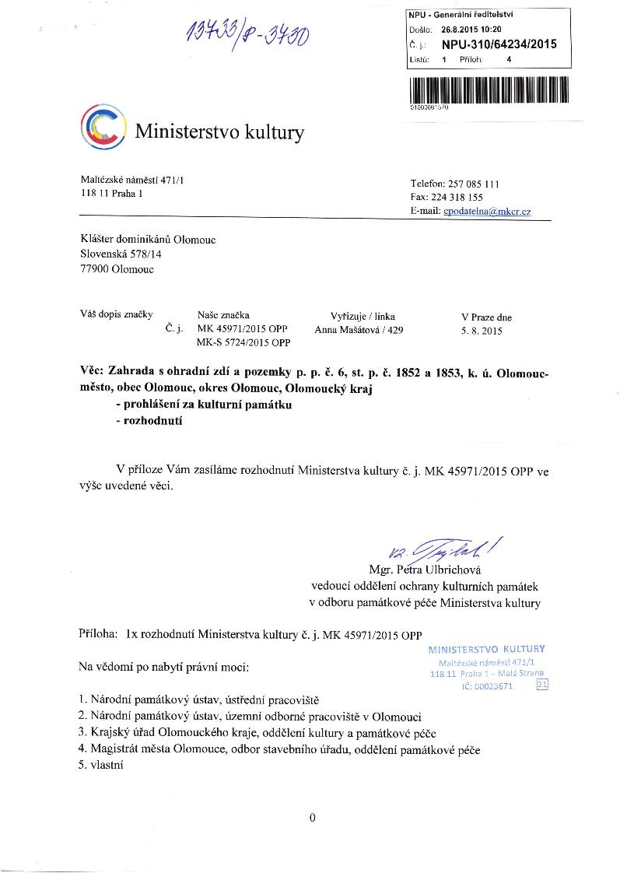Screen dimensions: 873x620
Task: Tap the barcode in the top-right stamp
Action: coord(489,89)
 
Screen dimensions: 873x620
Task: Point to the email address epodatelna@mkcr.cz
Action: coord(487,212)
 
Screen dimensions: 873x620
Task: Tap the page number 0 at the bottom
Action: coord(311,817)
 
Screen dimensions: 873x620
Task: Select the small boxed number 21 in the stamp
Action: coord(542,685)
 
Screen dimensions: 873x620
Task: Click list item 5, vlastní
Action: coord(102,764)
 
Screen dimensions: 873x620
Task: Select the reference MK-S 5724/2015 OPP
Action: coord(243,342)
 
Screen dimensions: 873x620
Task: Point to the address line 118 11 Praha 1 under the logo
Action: coord(112,194)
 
